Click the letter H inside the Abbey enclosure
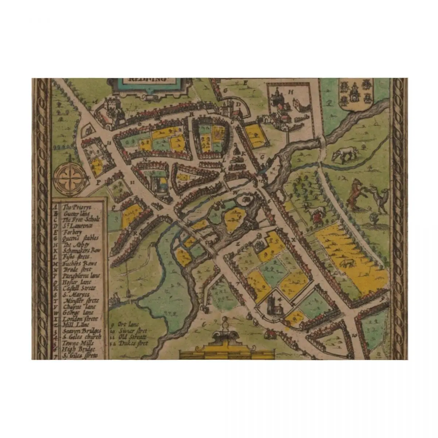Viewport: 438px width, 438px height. [291, 92]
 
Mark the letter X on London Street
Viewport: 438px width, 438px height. [293, 240]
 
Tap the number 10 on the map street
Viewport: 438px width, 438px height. [354, 334]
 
